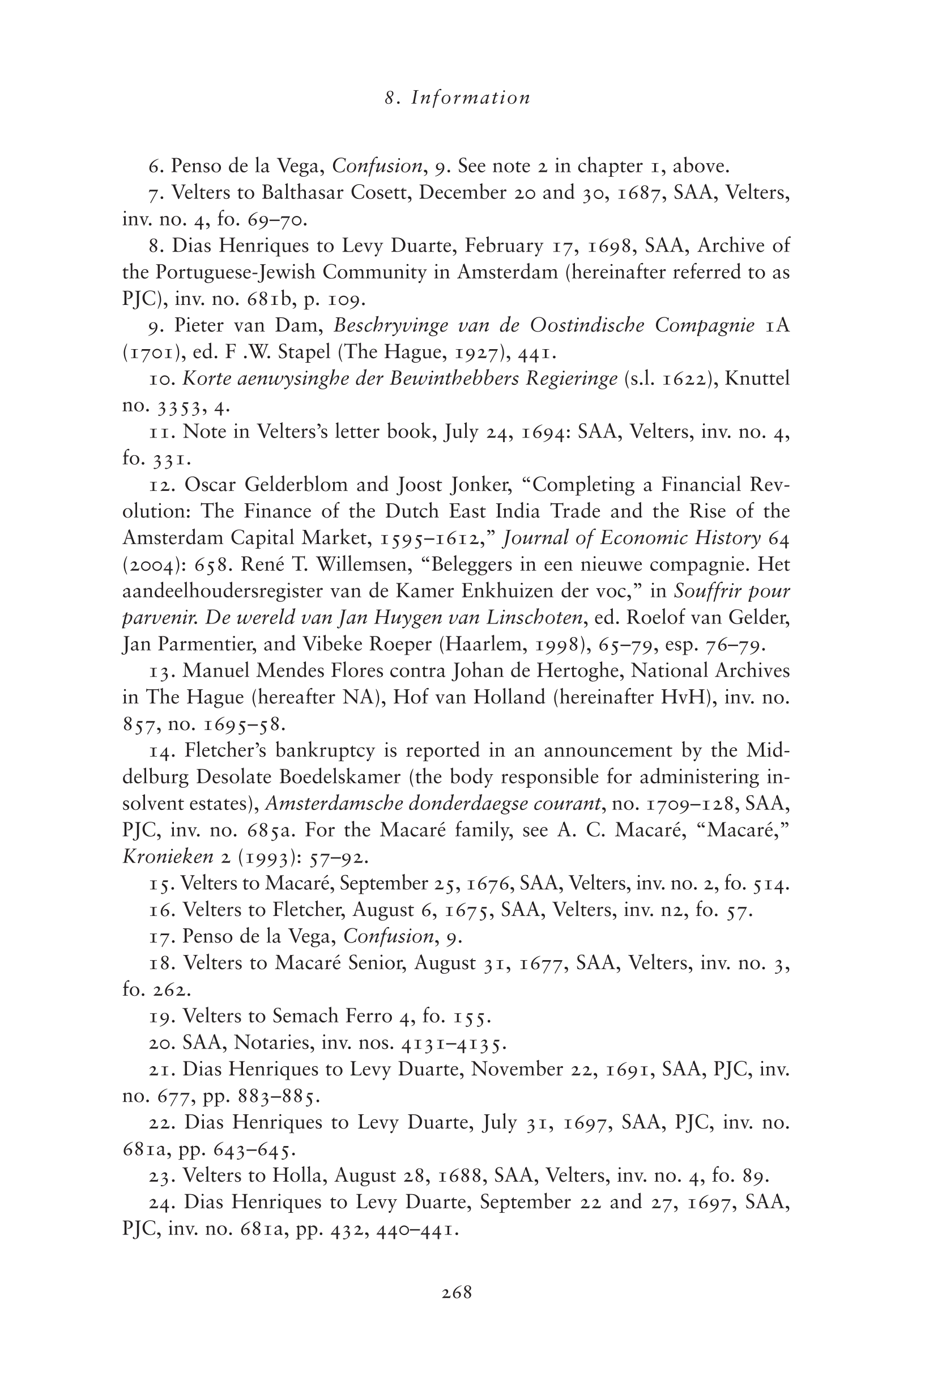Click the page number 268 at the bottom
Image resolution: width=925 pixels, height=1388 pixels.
[x=457, y=1293]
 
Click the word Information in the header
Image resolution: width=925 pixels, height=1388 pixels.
[x=471, y=97]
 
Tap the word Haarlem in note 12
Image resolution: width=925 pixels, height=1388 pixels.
[x=480, y=644]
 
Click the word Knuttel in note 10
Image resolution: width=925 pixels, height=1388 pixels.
[x=757, y=378]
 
